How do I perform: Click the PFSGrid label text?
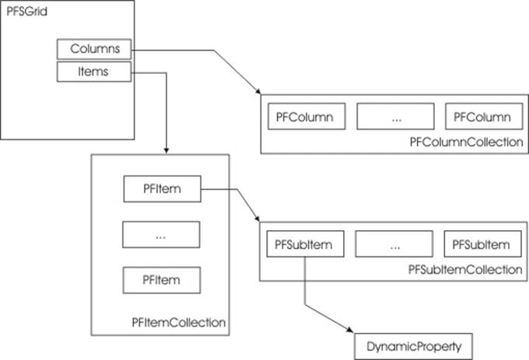26,12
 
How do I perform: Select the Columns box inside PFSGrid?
94,49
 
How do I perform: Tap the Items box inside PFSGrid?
94,72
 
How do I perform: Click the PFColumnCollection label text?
466,142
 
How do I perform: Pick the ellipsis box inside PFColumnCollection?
395,117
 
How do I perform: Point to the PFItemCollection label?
178,323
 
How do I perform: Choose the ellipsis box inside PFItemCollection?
161,235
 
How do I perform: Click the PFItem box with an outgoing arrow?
163,189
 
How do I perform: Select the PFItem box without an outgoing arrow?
162,280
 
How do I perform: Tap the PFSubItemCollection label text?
465,270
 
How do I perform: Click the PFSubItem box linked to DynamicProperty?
305,244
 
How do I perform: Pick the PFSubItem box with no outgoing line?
483,244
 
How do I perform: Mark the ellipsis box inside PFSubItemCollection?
394,244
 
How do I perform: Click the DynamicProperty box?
413,347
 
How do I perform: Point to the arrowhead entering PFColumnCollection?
258,91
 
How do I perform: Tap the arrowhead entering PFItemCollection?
166,151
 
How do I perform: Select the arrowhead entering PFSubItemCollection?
257,218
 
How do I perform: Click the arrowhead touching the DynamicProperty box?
350,330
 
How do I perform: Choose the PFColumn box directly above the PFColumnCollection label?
484,117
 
